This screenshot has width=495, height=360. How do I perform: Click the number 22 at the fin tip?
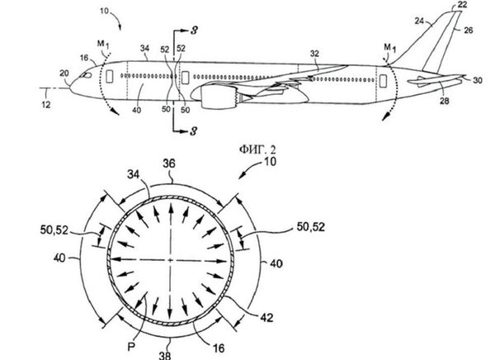tap(463, 5)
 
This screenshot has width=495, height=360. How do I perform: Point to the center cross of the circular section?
tap(171, 261)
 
